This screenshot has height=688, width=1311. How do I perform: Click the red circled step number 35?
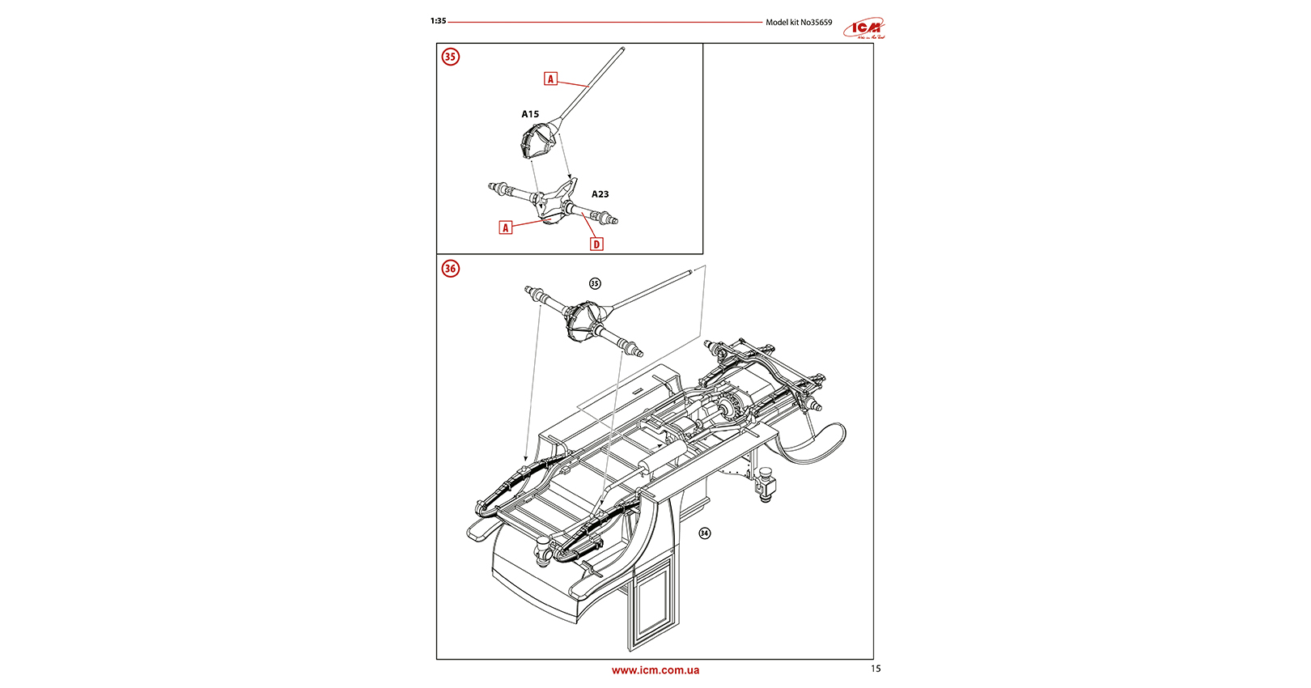coord(450,57)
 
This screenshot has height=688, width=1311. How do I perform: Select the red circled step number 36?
coord(450,269)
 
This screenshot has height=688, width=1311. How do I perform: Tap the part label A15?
coord(530,114)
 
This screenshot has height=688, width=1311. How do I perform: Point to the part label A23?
coord(600,194)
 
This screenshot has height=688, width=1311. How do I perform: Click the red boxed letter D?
coord(596,244)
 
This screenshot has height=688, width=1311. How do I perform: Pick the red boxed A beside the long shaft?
coord(550,79)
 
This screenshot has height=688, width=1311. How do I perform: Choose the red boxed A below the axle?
coord(506,227)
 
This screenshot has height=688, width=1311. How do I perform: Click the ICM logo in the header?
coord(864,29)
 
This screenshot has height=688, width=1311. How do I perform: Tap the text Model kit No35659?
coord(799,23)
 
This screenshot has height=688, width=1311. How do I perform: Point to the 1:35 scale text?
coord(438,21)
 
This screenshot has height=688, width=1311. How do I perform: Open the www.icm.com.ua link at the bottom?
coord(655,670)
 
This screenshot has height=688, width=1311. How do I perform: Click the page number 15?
coord(876,669)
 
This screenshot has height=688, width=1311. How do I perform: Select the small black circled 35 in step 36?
coord(595,283)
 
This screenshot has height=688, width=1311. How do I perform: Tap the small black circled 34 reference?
coord(705,533)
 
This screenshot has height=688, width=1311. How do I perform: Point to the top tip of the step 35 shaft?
coord(623,50)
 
